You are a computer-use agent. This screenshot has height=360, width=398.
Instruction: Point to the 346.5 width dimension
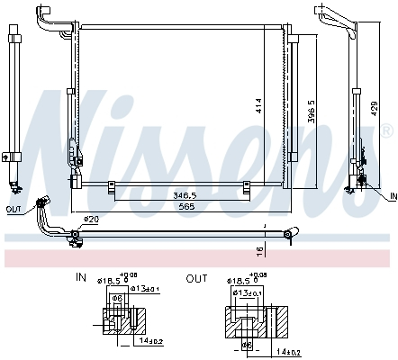click(x=186, y=194)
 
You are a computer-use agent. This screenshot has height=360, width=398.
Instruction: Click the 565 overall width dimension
click(x=185, y=205)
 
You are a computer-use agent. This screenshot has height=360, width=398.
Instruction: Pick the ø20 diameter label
click(x=90, y=220)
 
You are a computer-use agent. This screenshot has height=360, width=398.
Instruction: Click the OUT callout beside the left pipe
click(x=13, y=210)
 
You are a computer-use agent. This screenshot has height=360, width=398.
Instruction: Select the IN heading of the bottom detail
click(x=80, y=279)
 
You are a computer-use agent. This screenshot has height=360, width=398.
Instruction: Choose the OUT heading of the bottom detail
click(x=195, y=279)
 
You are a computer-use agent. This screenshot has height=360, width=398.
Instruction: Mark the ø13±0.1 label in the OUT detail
click(x=246, y=292)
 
